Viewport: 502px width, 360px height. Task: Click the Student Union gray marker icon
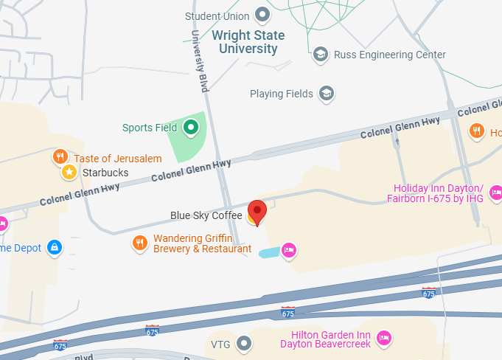click(262, 15)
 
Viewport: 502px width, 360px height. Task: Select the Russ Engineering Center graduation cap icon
click(320, 55)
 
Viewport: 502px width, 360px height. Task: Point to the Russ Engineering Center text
click(389, 55)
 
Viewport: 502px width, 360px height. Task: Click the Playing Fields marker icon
click(326, 94)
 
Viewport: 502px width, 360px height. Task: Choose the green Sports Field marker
click(191, 128)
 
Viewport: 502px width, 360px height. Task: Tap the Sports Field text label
click(150, 128)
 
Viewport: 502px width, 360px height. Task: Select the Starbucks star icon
click(69, 173)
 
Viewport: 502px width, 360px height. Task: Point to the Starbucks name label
click(105, 173)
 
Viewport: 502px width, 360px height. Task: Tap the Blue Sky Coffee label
click(206, 215)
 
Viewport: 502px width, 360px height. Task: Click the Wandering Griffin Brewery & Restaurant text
click(202, 244)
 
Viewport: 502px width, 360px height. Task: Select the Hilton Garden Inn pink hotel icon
click(383, 338)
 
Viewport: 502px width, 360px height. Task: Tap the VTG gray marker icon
click(243, 344)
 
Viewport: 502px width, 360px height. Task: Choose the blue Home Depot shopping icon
click(54, 248)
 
